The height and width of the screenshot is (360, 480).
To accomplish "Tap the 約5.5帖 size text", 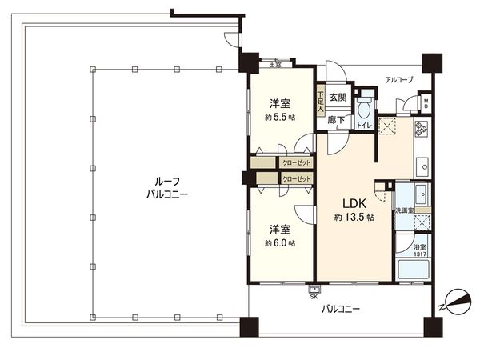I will [x=280, y=117].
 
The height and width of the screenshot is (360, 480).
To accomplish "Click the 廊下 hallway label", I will [x=337, y=121].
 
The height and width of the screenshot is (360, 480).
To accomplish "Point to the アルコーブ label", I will [x=398, y=81].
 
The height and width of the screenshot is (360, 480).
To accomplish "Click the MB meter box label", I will [x=426, y=103].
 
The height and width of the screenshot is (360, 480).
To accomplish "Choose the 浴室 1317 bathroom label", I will [x=420, y=251].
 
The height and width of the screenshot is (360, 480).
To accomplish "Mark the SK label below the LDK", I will [x=313, y=295].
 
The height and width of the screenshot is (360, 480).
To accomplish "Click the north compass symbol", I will [x=454, y=302].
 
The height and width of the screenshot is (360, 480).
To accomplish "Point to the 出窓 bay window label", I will [x=274, y=65].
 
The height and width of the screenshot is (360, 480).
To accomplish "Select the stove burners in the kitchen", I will [x=422, y=127].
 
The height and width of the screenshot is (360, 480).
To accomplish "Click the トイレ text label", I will [x=363, y=126].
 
